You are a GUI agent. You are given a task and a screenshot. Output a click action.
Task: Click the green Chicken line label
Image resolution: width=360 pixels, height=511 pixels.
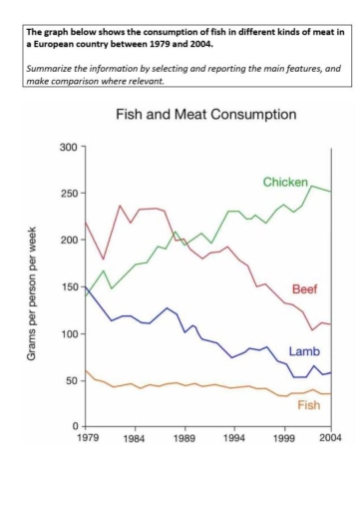coord(285,182)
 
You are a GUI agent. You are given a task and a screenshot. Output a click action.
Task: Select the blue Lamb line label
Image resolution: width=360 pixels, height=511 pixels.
coord(303,352)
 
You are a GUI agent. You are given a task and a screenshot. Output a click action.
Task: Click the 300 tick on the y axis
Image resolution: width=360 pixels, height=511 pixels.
coord(69,147)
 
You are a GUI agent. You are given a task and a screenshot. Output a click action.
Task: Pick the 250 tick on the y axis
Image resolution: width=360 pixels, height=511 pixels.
coord(69,194)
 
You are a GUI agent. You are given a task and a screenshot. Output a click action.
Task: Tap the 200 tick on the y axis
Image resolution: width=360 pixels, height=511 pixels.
coord(69,241)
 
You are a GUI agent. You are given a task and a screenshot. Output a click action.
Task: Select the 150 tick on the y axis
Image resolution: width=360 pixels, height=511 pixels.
coord(69,287)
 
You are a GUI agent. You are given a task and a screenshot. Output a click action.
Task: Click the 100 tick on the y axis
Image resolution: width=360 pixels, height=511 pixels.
coord(69,333)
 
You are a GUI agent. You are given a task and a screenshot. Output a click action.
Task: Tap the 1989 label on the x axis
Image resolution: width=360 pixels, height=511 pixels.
coord(185,439)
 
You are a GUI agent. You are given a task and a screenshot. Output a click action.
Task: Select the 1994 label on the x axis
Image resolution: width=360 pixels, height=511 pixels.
coord(234,439)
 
